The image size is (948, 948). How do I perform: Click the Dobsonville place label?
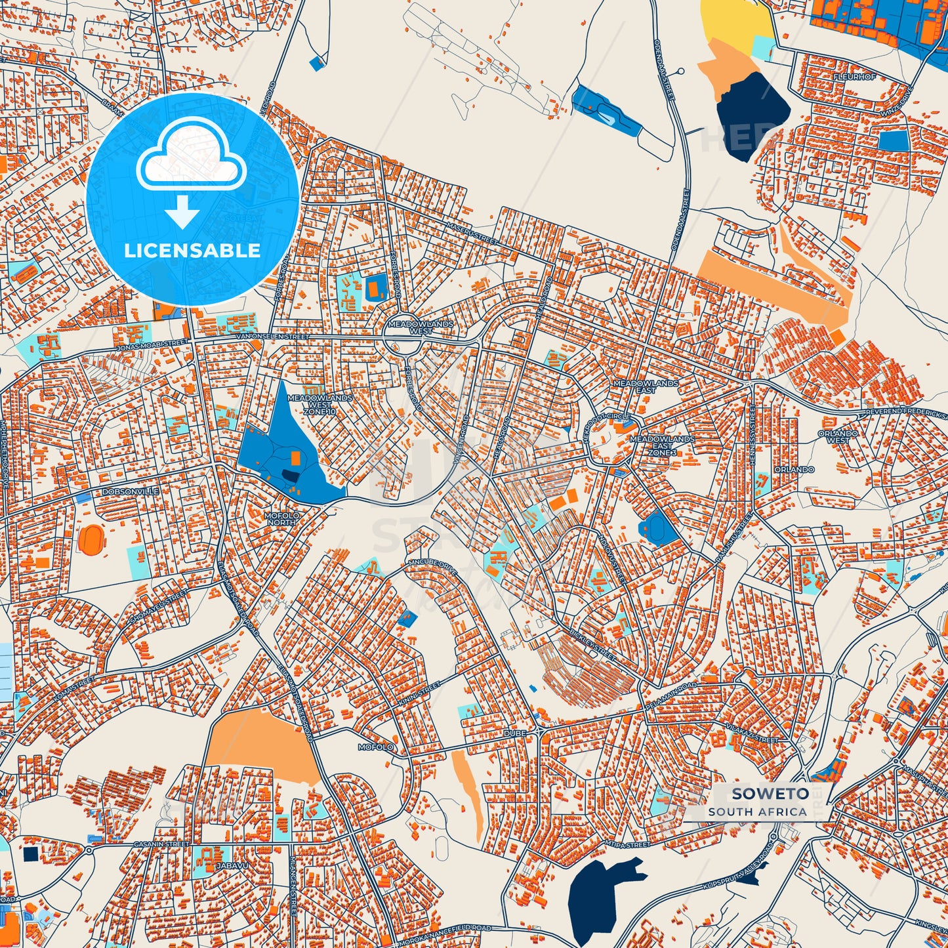pos(121,491)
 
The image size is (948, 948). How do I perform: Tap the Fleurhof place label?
pos(854,77)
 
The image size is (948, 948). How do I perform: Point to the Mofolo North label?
pos(282,518)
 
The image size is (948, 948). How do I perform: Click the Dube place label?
pos(515,732)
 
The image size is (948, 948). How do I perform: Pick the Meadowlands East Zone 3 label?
pos(661,446)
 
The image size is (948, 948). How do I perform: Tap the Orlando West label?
pos(838,437)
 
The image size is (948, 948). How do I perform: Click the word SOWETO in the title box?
pos(761,794)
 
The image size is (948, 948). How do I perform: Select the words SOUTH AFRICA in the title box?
pos(757,812)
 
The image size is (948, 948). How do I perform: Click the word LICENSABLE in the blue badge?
pos(192,251)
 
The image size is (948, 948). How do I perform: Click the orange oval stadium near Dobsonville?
pos(91,539)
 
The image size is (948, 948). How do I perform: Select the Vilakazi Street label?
pos(752,734)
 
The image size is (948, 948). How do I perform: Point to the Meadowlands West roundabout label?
pos(421,327)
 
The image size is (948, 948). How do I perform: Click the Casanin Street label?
pos(161,844)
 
